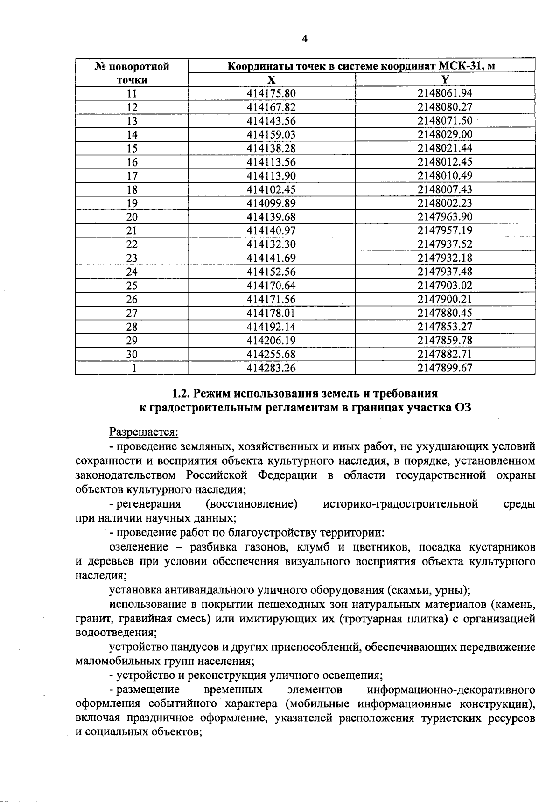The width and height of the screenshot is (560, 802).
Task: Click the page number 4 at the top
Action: click(x=305, y=39)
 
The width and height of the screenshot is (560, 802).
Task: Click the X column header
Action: click(x=271, y=79)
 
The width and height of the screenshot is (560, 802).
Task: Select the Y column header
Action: click(x=445, y=79)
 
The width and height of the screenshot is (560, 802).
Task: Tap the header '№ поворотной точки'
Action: click(x=132, y=73)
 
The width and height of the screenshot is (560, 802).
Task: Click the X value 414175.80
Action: click(x=271, y=93)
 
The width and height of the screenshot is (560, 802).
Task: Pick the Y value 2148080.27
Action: click(x=445, y=107)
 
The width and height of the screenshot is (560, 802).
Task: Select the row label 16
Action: click(x=132, y=162)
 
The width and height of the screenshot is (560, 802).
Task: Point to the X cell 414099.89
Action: click(x=271, y=203)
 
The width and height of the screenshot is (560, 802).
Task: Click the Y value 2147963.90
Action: click(x=445, y=217)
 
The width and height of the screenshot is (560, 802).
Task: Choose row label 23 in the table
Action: click(x=132, y=258)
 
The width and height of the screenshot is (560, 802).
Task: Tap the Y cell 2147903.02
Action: click(x=445, y=286)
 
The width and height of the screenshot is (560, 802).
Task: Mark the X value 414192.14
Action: click(x=271, y=327)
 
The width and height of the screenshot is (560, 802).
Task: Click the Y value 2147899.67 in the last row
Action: click(x=445, y=368)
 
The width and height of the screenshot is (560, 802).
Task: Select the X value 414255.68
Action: click(x=271, y=354)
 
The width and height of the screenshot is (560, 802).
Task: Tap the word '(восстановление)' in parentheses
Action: click(x=252, y=504)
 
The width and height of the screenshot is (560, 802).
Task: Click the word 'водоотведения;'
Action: click(x=115, y=633)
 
